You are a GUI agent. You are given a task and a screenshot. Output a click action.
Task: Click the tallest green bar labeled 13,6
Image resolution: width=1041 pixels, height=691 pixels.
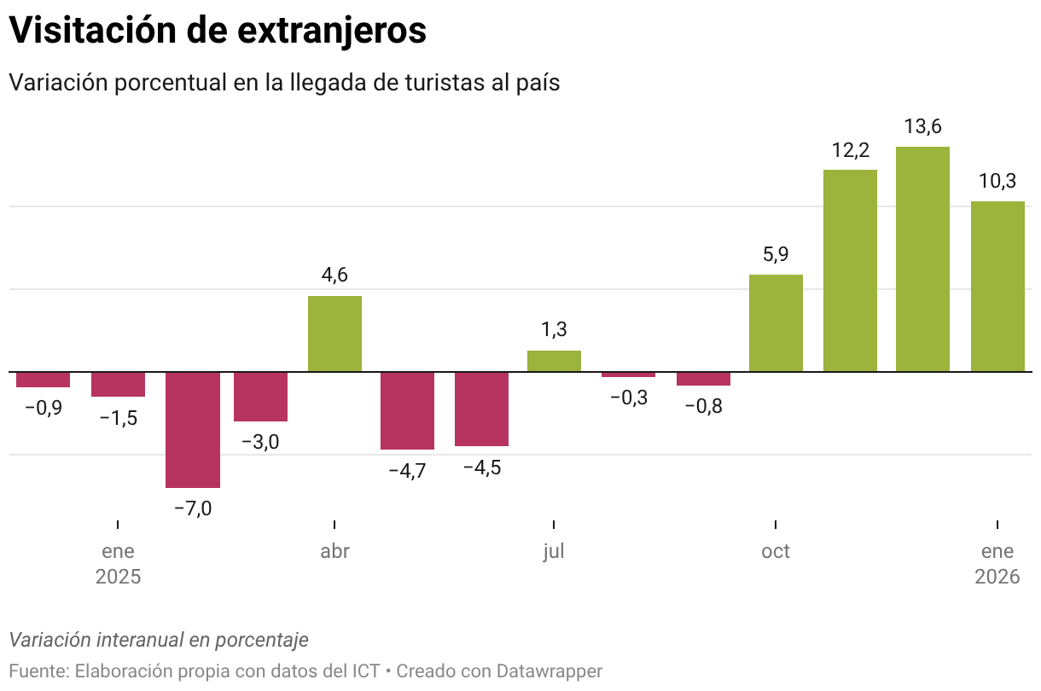tap(922, 258)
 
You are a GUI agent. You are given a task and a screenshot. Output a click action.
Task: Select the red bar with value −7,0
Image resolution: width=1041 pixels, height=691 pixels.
tap(193, 429)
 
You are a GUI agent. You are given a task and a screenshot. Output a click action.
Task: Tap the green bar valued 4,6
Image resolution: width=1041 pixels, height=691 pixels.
tap(334, 334)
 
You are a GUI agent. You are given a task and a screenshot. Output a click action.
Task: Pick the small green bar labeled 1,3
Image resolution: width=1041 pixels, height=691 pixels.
tap(554, 361)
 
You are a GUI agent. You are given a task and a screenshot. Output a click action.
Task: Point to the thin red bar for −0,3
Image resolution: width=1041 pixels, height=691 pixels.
tap(628, 375)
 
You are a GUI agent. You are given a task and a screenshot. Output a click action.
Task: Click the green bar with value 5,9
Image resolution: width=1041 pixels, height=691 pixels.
tap(776, 322)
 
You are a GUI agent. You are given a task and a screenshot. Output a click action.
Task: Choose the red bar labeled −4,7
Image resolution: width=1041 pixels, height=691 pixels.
tap(407, 410)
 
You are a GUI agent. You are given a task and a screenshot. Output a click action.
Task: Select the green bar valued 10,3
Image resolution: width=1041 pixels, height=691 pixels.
tap(997, 286)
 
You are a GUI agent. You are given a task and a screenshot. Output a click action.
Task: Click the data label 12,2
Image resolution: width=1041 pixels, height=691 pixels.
tap(850, 151)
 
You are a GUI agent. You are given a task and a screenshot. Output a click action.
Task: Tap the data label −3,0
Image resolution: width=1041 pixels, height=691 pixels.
tap(260, 442)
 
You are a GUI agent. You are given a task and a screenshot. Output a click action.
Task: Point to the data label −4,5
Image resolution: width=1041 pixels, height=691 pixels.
tap(481, 468)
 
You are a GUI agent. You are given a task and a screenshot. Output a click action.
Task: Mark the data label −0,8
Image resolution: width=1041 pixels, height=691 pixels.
tap(703, 406)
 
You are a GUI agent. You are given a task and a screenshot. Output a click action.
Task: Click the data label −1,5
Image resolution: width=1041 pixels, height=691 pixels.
tap(118, 418)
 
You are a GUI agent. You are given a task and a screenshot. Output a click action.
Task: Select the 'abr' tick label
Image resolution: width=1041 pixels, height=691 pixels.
tap(334, 551)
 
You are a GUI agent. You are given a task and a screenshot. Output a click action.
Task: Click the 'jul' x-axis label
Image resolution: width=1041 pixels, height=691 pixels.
tap(554, 551)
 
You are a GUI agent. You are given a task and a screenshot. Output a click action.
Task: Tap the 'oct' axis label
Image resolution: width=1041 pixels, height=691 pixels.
tap(776, 551)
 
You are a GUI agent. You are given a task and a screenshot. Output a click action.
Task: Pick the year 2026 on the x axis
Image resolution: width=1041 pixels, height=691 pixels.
tap(997, 577)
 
